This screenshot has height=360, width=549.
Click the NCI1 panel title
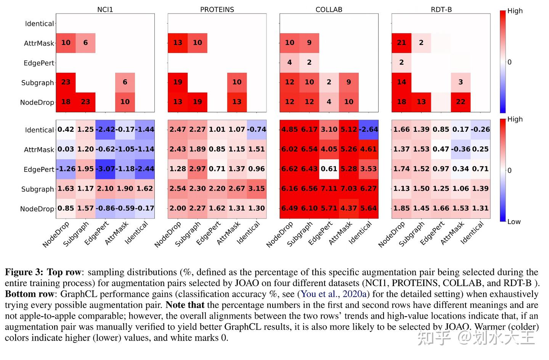105,10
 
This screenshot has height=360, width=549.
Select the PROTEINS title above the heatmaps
217,10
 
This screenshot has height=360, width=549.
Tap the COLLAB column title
329,10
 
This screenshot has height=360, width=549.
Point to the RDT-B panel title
441,10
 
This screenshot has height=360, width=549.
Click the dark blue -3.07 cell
105,169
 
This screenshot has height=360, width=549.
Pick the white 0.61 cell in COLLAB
329,169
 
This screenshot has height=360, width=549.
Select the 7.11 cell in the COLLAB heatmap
329,189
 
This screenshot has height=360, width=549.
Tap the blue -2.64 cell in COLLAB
368,130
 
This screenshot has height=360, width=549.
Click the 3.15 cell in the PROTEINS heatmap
257,189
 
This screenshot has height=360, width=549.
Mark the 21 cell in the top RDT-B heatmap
401,43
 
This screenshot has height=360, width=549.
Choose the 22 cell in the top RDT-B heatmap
461,102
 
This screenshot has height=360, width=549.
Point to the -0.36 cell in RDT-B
461,149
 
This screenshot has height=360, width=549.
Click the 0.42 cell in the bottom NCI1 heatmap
66,130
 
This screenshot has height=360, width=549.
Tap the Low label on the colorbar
514,222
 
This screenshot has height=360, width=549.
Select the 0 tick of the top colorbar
509,62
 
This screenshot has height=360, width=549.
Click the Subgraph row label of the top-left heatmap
37,83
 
